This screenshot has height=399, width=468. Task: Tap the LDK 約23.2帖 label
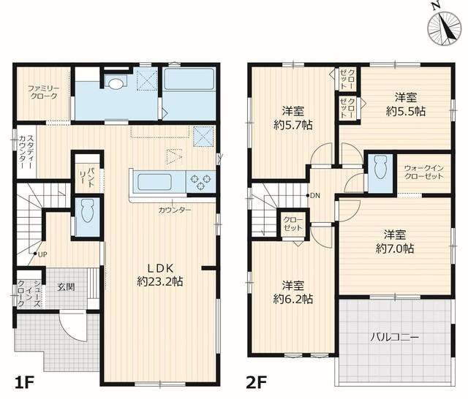coord(159,275)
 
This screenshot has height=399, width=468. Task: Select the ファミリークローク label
coord(43,92)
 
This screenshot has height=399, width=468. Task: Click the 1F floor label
coord(24,382)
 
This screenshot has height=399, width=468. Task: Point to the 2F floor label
coord(257,382)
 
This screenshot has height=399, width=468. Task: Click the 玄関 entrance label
coord(66,287)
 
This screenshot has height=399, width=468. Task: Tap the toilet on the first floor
coord(87,211)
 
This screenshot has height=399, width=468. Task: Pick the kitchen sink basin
coord(154,182)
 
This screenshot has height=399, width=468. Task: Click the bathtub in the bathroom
coord(189,79)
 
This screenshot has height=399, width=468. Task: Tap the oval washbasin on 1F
coord(116,83)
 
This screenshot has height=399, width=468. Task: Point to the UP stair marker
coord(40,254)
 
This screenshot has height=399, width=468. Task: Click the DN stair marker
coord(313,196)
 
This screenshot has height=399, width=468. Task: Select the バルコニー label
coord(395,338)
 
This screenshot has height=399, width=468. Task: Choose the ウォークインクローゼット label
coord(424,172)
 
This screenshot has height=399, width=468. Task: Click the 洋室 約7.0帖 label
coord(395,242)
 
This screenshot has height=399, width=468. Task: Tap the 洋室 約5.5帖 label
coord(406,104)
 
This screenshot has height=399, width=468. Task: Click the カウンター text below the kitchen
coord(175,210)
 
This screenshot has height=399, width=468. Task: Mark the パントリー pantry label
coord(88,178)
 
